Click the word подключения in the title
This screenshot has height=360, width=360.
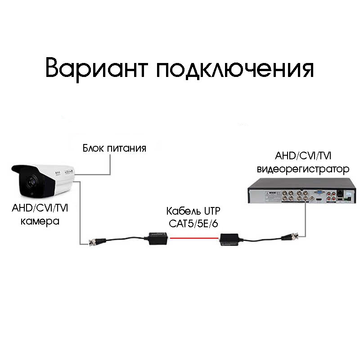234,69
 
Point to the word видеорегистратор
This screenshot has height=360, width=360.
303,169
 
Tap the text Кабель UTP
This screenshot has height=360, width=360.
194,211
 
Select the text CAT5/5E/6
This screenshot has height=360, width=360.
194,223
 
